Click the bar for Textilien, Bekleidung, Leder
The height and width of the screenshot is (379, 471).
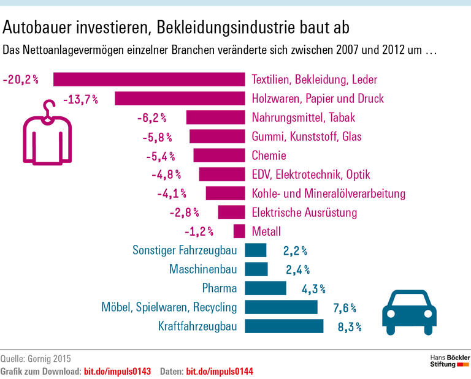[149, 80]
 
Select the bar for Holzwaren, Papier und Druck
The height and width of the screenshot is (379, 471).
[180, 99]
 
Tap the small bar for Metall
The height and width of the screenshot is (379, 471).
[239, 231]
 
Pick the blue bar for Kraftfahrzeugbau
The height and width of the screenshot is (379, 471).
[284, 326]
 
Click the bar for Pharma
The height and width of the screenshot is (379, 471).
[266, 288]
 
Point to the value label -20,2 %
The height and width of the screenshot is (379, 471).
[20, 80]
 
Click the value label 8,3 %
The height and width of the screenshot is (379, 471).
[349, 328]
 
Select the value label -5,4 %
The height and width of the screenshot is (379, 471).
[160, 156]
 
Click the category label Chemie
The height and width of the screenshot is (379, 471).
[269, 156]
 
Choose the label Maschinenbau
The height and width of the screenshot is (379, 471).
[202, 269]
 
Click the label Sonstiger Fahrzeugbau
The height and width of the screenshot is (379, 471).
[185, 250]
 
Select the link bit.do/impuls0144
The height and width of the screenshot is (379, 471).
[220, 371]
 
